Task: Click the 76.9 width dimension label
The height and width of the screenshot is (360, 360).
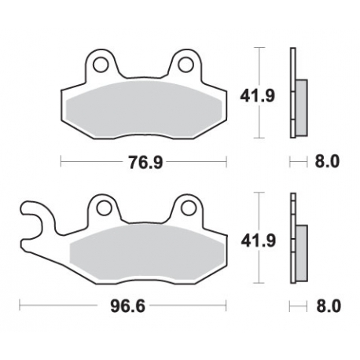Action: point(143,163)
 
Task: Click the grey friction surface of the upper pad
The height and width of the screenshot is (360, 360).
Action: point(143,107)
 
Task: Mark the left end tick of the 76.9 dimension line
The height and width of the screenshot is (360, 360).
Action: point(61,163)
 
